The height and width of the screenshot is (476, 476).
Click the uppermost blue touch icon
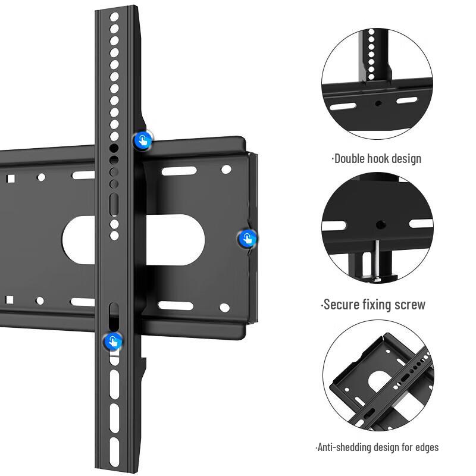pos(142,140)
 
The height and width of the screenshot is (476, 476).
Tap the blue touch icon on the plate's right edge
pos(247,239)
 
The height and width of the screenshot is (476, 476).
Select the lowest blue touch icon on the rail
pos(112,342)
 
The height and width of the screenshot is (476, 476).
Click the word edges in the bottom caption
pos(425,447)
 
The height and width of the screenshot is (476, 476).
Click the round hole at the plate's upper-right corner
pos(226,170)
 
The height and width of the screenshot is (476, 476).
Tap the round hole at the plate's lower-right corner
pos(224,308)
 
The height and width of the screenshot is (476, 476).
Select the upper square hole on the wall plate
pos(10,178)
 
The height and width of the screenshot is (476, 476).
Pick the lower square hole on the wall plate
pos(9,299)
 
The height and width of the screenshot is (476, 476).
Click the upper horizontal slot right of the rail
pos(178,171)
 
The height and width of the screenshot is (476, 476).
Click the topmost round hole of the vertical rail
pos(114,17)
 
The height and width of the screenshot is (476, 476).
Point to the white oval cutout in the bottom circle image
pos(378,380)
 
